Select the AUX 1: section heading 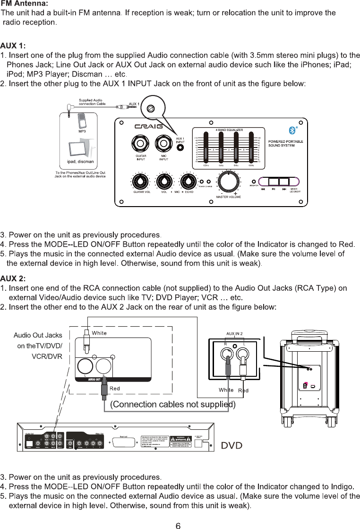click(13, 46)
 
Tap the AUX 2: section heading click(13, 278)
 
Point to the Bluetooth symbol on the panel click(291, 130)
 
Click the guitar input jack click(140, 142)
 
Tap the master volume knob click(228, 182)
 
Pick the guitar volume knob click(140, 182)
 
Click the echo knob click(188, 182)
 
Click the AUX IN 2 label click(235, 333)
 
